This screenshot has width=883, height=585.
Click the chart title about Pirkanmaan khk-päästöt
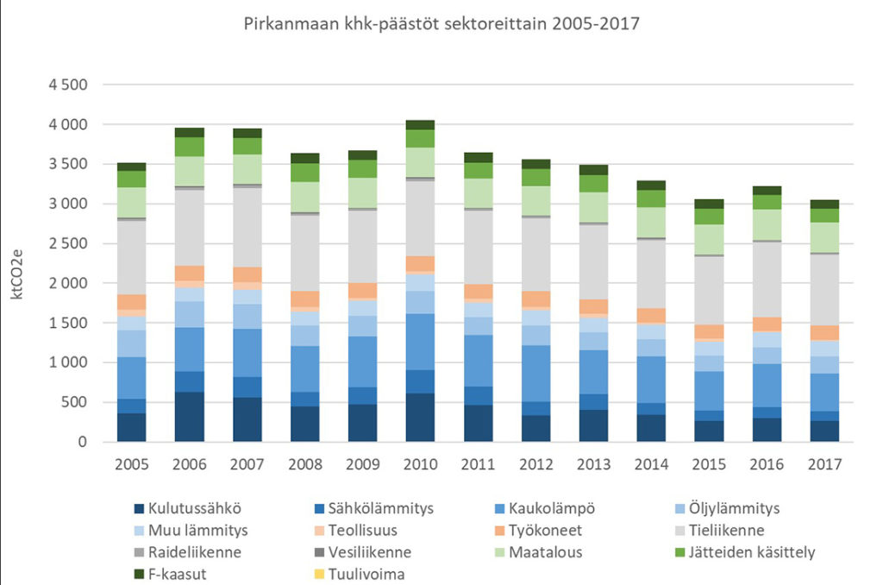(x=441, y=23)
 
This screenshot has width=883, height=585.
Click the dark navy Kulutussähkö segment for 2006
(x=189, y=417)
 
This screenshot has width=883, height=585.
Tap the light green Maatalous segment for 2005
(x=131, y=202)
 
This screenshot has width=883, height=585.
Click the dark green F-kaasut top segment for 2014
(x=648, y=185)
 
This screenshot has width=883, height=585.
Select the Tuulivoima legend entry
(x=362, y=574)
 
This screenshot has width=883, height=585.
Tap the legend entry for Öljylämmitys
(x=734, y=509)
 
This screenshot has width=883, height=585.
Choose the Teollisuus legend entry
(x=362, y=531)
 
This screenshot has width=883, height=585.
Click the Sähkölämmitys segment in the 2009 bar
(x=361, y=395)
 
